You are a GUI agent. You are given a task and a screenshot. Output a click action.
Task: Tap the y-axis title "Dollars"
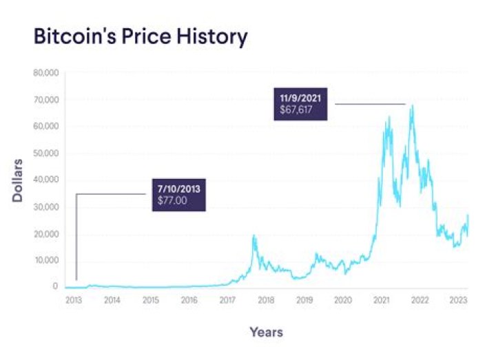[18, 180]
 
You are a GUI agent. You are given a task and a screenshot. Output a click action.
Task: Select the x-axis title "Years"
[266, 332]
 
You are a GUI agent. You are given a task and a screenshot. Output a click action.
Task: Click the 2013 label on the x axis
[74, 300]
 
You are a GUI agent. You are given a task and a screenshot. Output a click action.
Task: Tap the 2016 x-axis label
[189, 300]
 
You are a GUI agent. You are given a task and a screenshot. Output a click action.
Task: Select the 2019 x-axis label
[304, 300]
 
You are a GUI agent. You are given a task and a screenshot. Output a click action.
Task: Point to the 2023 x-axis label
[458, 300]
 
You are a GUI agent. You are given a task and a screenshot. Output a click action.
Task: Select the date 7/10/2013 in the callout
[178, 188]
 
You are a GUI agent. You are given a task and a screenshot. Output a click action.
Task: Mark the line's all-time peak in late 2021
[412, 105]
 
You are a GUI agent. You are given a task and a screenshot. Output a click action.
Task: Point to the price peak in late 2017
[254, 235]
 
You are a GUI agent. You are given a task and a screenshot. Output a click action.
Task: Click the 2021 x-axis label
[381, 300]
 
